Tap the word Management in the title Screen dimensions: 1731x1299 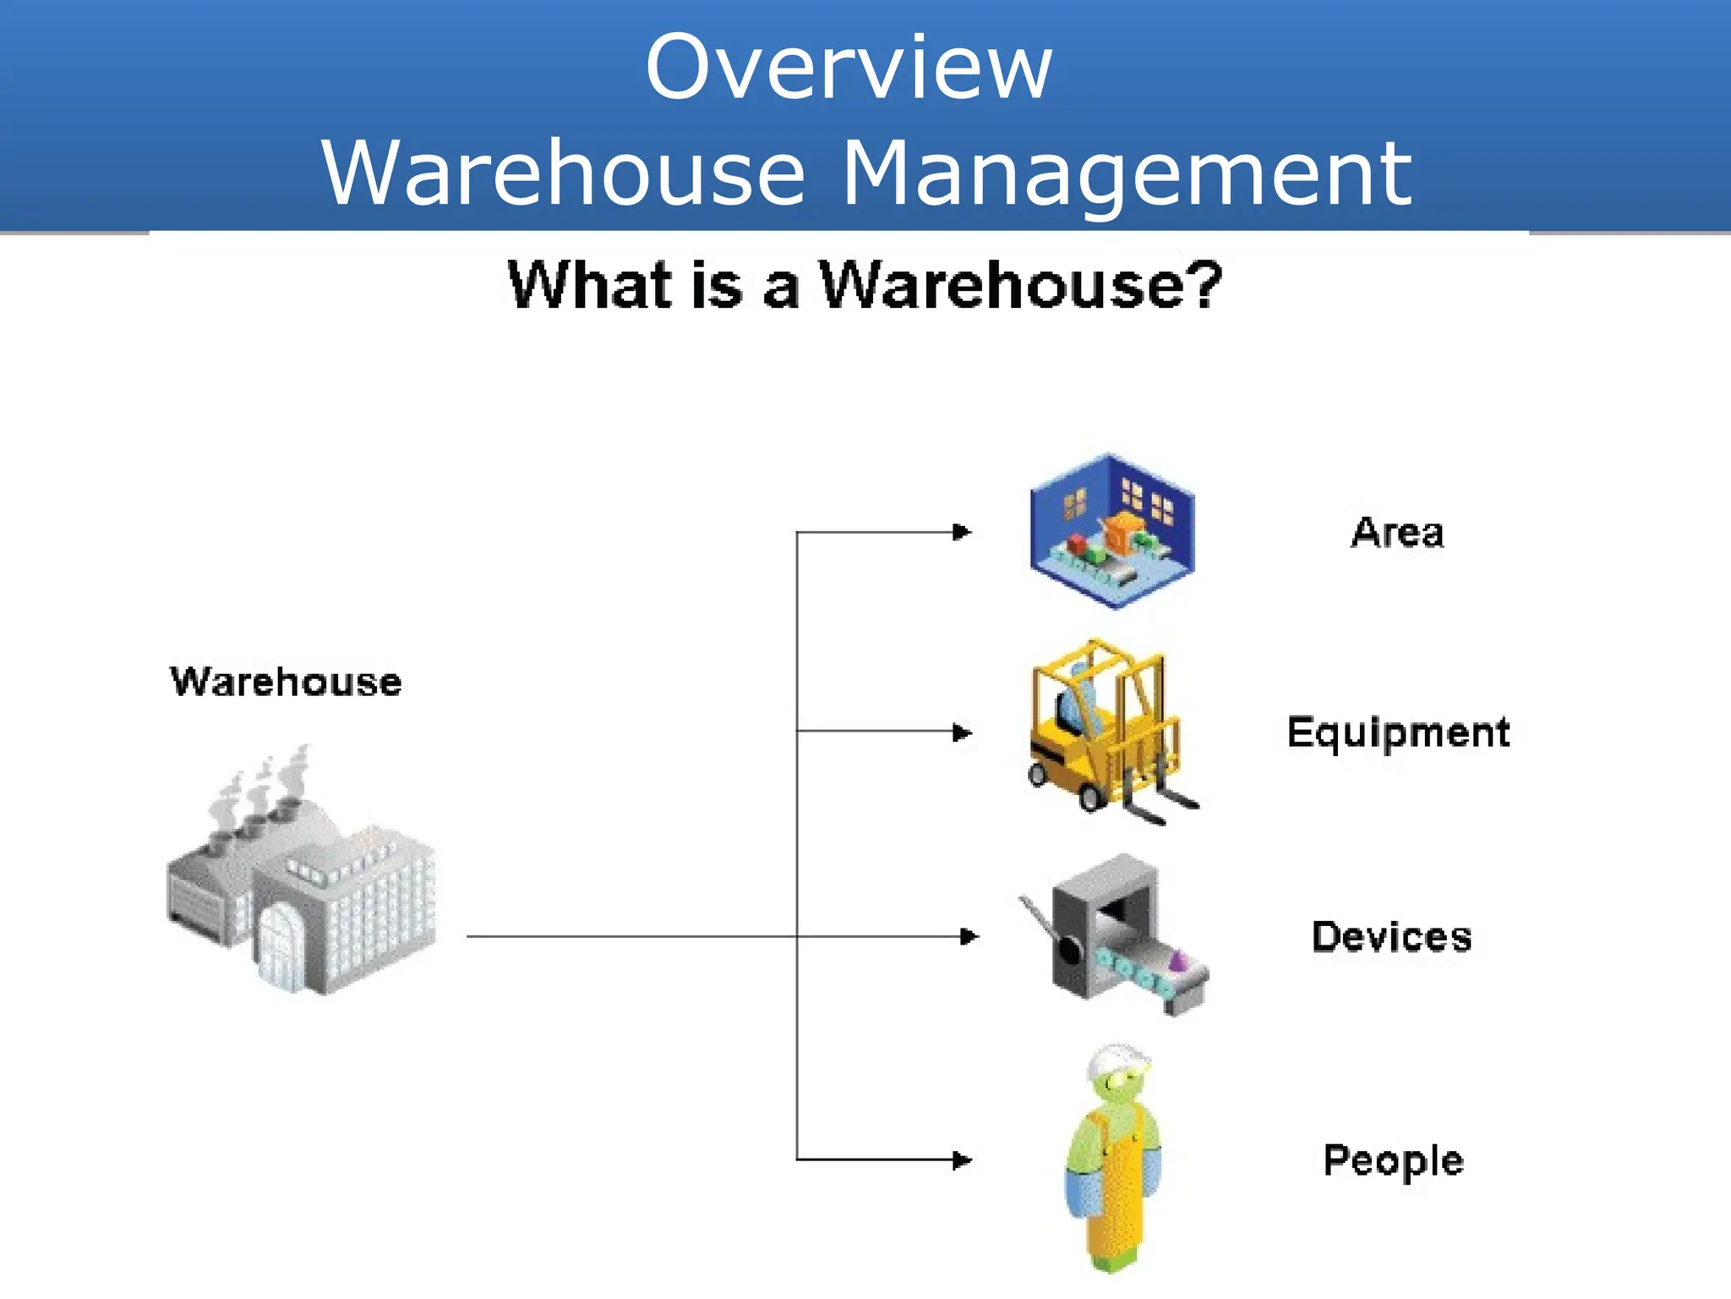coord(1128,173)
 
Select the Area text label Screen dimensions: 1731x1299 coord(1397,533)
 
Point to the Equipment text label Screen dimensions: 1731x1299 coord(1398,732)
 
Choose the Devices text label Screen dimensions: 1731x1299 coord(1391,937)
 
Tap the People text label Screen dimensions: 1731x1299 coord(1393,1160)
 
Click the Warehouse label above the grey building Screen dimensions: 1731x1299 coord(286,682)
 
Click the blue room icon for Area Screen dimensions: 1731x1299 coord(1111,531)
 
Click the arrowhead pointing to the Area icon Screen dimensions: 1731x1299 coord(962,532)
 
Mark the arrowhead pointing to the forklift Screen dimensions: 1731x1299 coord(962,732)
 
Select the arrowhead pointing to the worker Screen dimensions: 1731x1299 coord(962,1159)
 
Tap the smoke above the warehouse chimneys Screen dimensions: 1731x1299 coord(262,787)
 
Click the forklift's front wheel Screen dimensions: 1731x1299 coord(1090,796)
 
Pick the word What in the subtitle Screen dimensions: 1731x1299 coord(590,284)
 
